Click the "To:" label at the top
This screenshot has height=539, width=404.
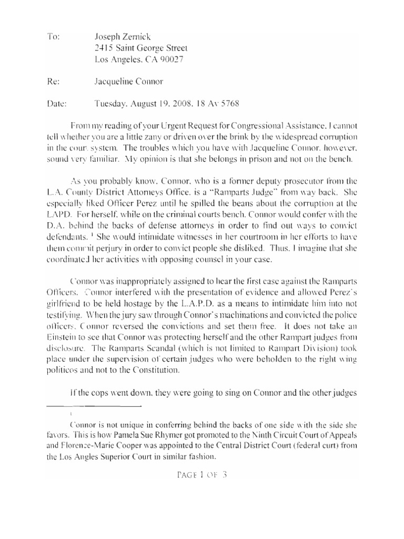pyautogui.click(x=54, y=37)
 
